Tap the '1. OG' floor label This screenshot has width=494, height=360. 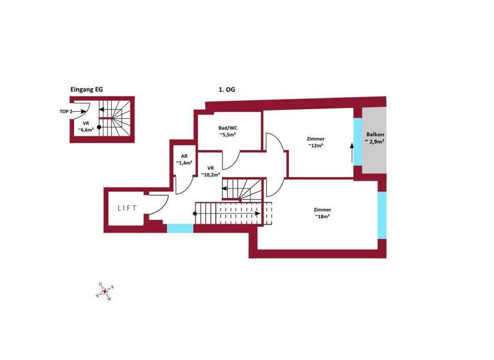pos(226,90)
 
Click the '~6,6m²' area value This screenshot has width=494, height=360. pos(86,129)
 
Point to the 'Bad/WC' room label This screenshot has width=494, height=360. pos(228,127)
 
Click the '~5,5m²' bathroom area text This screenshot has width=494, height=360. pos(228,135)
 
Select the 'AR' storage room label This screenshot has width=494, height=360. pos(184,156)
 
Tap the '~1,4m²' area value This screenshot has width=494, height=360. pos(184,163)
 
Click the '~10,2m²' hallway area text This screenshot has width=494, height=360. pos(210,174)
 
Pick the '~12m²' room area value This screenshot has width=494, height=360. pos(315,146)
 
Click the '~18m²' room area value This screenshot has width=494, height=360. pos(322,217)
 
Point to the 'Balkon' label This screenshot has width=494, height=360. pos(376,134)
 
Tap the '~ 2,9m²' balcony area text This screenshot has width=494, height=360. pos(376,141)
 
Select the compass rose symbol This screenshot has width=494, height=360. pos(105,292)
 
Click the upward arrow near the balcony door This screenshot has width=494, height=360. pos(351,153)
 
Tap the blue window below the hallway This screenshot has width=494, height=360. pos(180,228)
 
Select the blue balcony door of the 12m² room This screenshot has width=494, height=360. pos(358,143)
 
